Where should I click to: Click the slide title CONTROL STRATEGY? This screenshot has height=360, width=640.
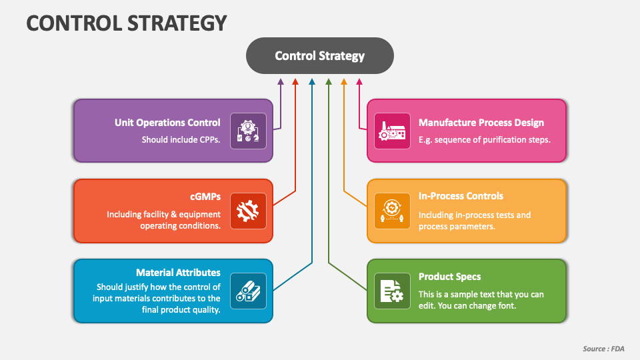pos(127,23)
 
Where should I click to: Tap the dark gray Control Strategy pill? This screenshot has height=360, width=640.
pos(320,56)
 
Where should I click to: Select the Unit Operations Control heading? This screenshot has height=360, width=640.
pos(167,123)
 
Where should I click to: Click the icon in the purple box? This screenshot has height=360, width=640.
pos(248,131)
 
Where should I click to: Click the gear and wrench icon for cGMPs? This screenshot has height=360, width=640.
pos(248,211)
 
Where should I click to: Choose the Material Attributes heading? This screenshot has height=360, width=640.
pos(178,273)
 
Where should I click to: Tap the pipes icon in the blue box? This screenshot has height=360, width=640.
pos(248,291)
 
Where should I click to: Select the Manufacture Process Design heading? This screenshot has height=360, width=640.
pos(481,123)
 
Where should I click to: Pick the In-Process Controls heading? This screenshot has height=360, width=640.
pos(461,196)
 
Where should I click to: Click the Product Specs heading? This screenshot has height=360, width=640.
pos(449,277)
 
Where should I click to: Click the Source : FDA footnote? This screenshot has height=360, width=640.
pos(603,349)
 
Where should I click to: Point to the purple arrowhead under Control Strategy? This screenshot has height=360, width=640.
pos(281,81)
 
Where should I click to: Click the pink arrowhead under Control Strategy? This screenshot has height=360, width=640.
pos(359,81)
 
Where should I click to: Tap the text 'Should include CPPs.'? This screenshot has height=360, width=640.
pos(181,140)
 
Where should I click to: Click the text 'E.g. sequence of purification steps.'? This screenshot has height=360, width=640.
pos(484,140)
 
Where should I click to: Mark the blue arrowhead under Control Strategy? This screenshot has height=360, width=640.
pos(312,81)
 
